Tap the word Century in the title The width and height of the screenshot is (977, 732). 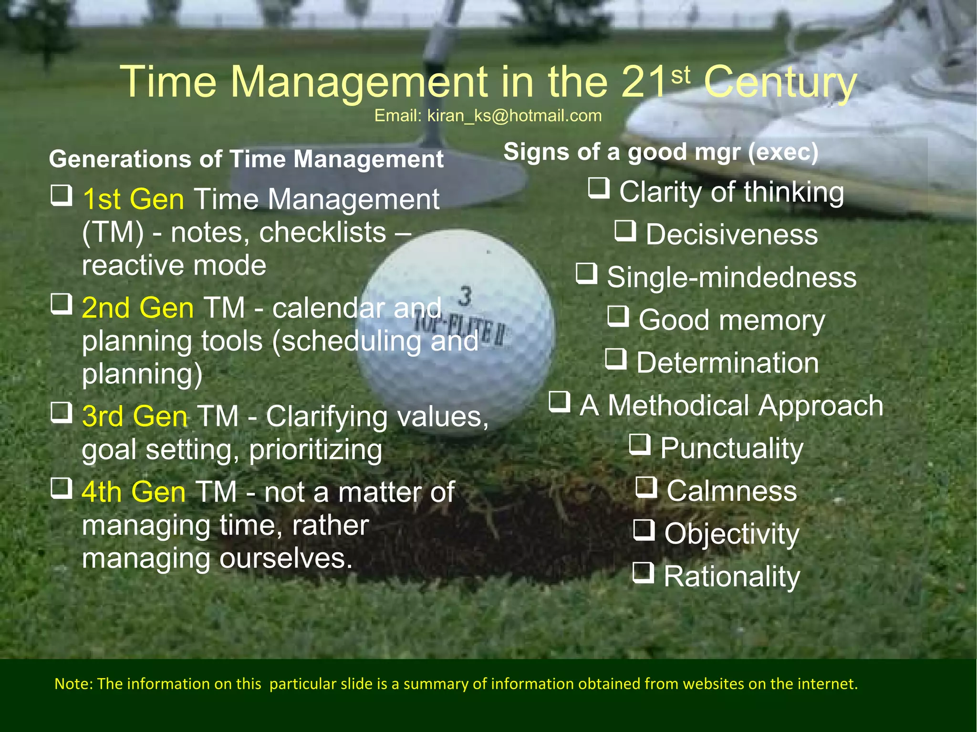[x=780, y=82]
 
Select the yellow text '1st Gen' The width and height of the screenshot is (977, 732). [x=133, y=199]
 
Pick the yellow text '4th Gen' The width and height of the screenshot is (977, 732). [x=134, y=492]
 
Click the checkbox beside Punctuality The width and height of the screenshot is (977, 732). [x=640, y=444]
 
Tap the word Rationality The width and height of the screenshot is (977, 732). [x=731, y=577]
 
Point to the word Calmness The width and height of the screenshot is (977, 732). [x=731, y=491]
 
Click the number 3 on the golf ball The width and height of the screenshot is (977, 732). [x=465, y=296]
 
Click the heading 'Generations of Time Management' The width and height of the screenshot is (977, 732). [x=246, y=159]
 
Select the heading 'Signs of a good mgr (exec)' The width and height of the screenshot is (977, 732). [x=661, y=152]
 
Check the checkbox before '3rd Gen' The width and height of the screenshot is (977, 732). [x=62, y=413]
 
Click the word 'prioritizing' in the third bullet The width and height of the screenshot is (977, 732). [x=315, y=450]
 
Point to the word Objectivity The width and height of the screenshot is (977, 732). [x=731, y=534]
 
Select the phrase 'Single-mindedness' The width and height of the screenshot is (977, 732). [x=731, y=278]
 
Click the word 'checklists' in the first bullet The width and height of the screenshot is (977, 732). [x=322, y=233]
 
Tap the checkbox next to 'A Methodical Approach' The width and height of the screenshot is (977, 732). [x=560, y=402]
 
